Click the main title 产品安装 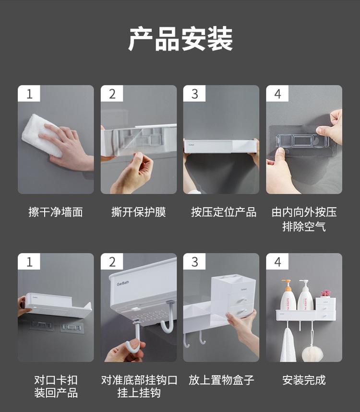tap(180, 39)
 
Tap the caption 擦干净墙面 tap(56, 212)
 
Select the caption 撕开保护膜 tap(139, 212)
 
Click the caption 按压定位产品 tap(224, 212)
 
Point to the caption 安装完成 tap(304, 380)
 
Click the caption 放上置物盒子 tap(221, 380)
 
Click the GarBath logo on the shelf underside tap(123, 283)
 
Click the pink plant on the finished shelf tap(325, 293)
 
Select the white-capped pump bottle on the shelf tap(305, 295)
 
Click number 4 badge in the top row tap(277, 94)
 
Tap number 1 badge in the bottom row tap(29, 262)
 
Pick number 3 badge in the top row tap(194, 94)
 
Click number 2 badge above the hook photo tap(112, 262)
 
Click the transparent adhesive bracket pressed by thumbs tap(302, 141)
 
